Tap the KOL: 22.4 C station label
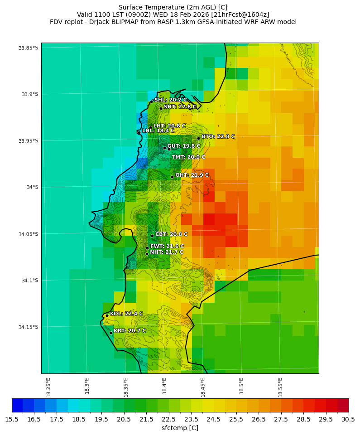(126, 314)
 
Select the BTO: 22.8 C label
(218, 136)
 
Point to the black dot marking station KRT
(110, 333)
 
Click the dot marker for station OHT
(172, 177)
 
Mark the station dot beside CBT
(152, 236)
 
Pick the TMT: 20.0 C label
(188, 157)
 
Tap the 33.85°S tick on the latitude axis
(28, 48)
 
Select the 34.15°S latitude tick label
(28, 327)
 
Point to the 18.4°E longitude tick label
(164, 385)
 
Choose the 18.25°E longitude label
(48, 387)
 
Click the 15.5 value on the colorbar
(12, 419)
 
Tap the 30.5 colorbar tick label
(349, 419)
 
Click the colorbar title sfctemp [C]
(180, 428)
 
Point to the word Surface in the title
(130, 7)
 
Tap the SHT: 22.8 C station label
(180, 107)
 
